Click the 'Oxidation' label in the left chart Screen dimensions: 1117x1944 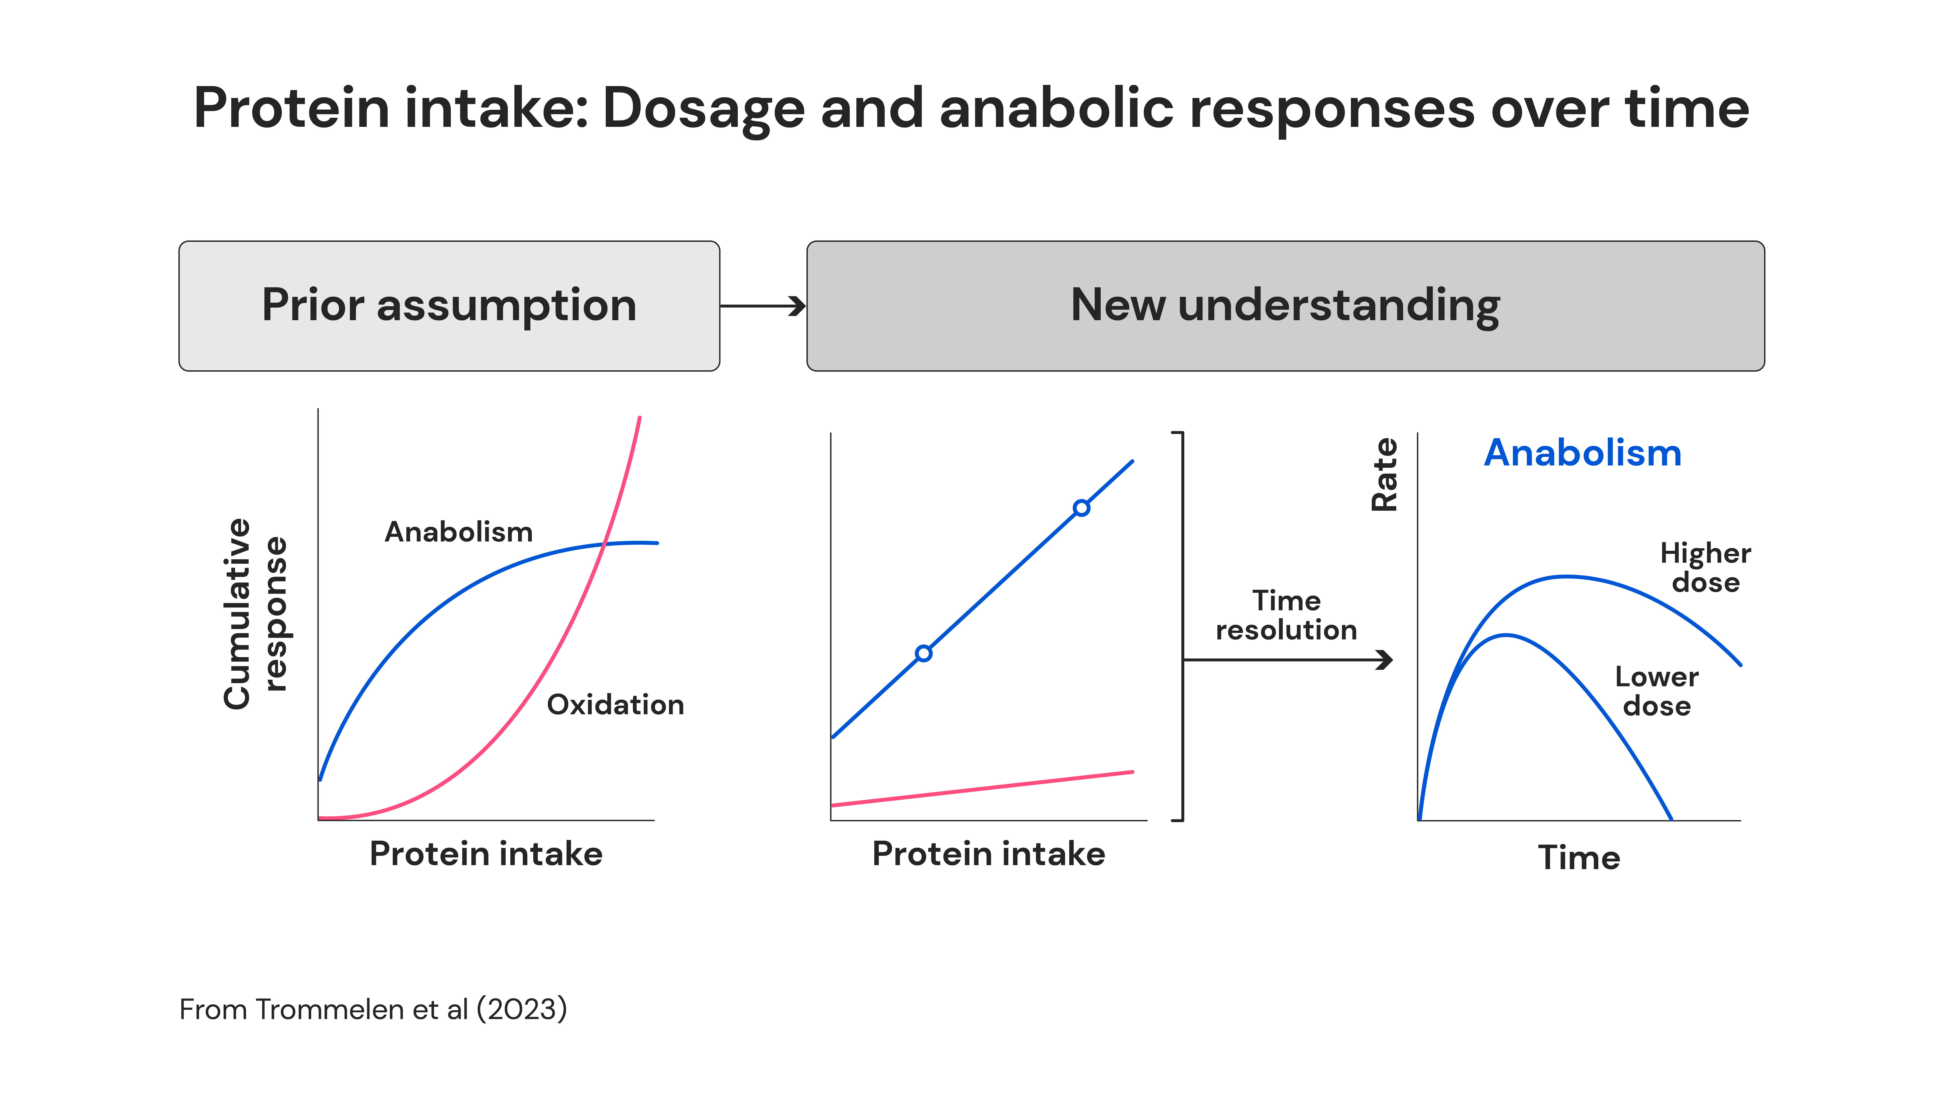tap(615, 704)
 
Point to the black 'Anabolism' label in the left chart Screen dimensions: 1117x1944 tap(459, 532)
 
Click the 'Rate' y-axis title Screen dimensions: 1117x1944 tap(1385, 474)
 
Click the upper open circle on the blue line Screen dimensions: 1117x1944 tap(1081, 508)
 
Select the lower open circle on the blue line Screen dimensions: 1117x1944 tap(924, 654)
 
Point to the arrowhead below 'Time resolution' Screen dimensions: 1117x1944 tap(1385, 660)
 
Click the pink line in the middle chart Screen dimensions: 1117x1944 tap(982, 789)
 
